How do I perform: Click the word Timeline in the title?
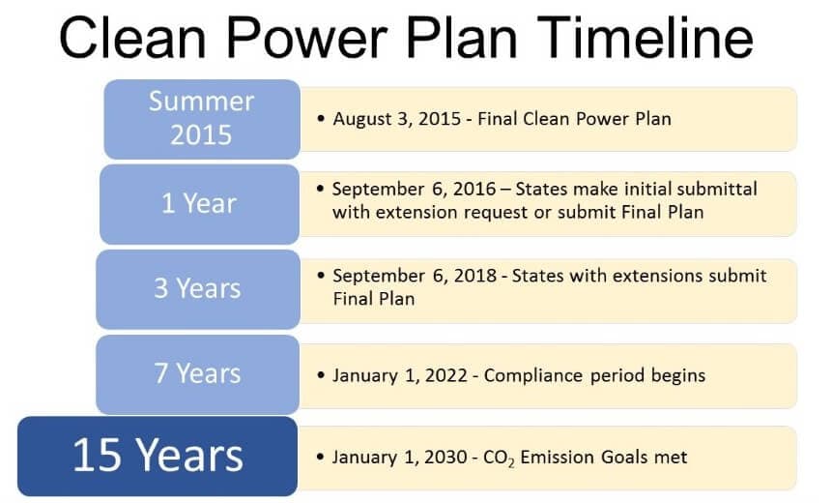tap(647, 37)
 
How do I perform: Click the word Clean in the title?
tap(132, 37)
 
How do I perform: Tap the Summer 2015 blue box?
tap(202, 119)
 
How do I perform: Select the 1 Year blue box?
tap(199, 204)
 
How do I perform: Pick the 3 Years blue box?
tap(198, 289)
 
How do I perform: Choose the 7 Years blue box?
tap(198, 374)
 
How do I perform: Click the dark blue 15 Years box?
tap(158, 457)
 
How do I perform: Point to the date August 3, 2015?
tap(397, 119)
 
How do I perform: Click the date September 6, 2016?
tap(414, 189)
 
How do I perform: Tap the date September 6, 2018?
tap(415, 276)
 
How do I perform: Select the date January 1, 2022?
tap(400, 375)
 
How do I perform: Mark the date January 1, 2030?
tap(399, 458)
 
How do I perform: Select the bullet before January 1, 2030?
tap(320, 457)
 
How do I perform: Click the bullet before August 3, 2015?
tap(321, 118)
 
